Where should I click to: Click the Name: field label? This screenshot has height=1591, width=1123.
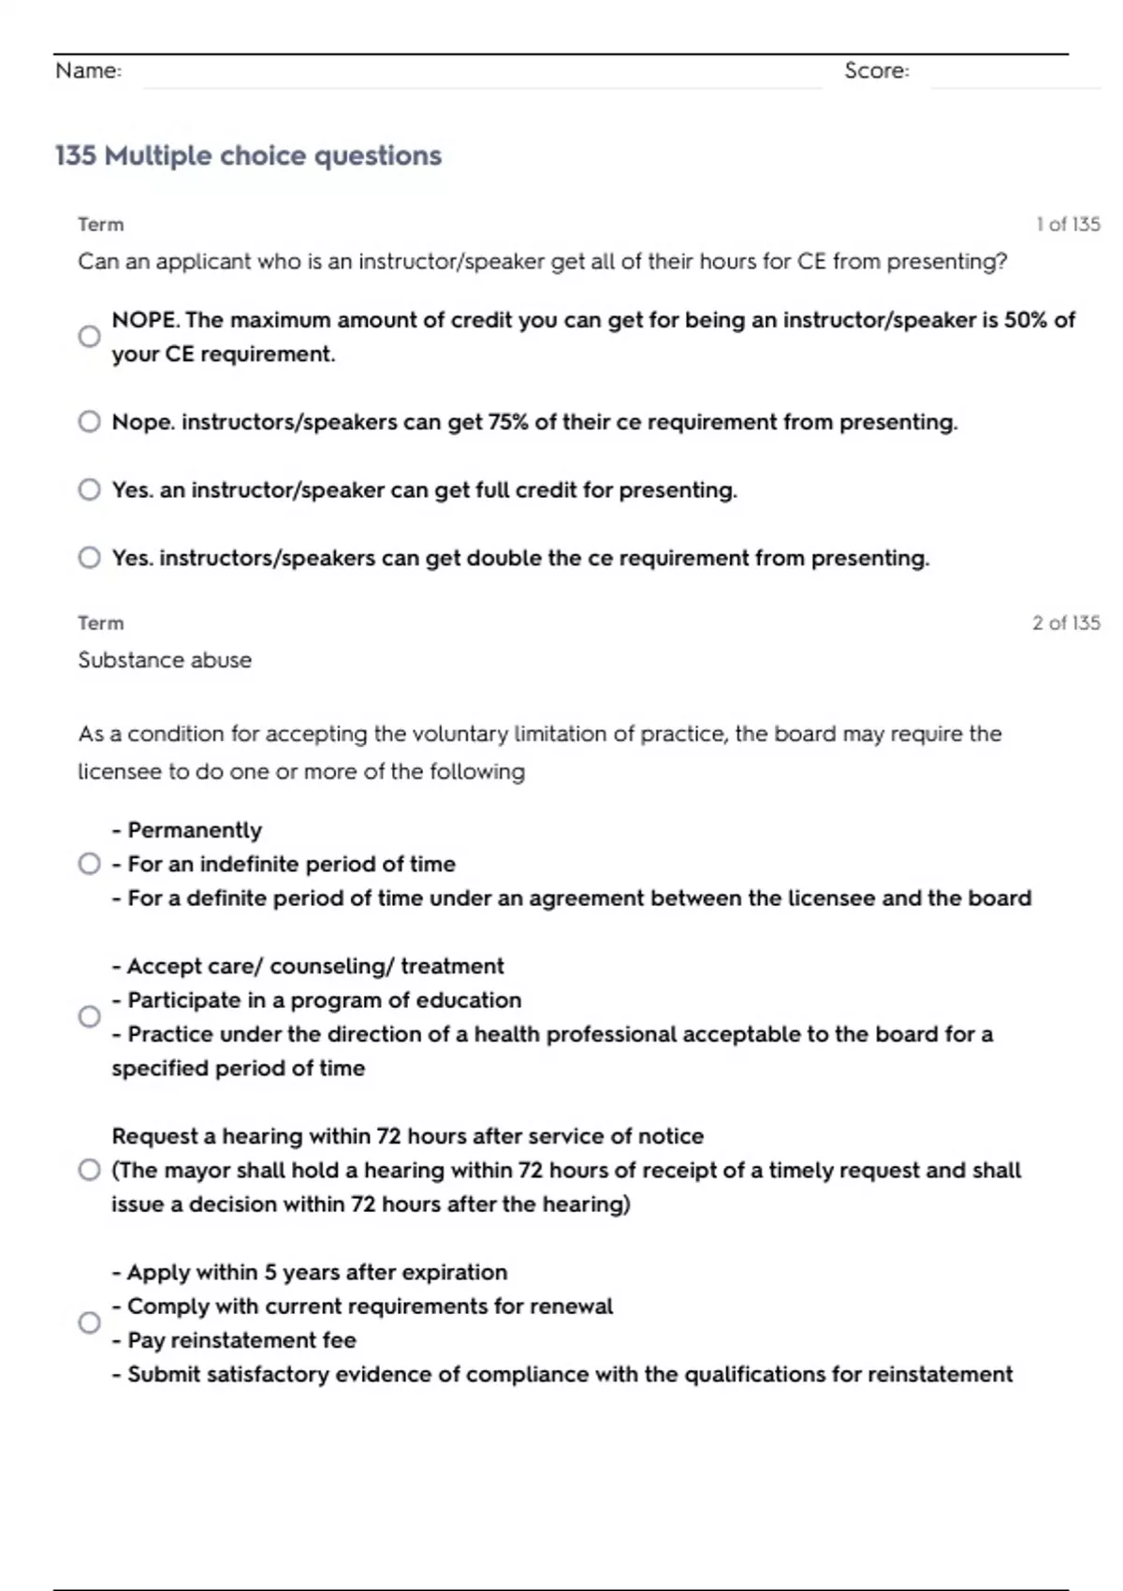click(88, 70)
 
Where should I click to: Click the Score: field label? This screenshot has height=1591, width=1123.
click(876, 70)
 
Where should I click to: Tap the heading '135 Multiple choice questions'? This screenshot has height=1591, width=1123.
click(248, 155)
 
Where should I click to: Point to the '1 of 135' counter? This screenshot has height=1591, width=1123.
click(1068, 224)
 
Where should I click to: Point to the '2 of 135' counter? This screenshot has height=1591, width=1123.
click(1066, 622)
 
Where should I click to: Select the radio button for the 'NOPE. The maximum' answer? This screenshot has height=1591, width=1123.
click(89, 336)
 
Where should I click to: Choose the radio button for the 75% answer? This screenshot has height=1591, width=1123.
click(89, 421)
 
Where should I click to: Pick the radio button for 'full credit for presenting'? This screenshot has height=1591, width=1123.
click(89, 489)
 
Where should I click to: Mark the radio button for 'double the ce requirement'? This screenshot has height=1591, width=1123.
click(89, 558)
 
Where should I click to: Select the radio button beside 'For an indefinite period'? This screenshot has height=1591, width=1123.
click(89, 863)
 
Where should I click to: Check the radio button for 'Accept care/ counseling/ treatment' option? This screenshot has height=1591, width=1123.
click(89, 1016)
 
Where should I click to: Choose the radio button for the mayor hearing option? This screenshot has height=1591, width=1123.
click(89, 1170)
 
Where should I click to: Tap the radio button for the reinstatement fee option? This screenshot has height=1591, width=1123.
click(89, 1322)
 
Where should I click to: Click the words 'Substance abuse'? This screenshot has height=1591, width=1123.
click(165, 660)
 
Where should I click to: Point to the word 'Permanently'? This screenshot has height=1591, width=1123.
click(195, 830)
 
